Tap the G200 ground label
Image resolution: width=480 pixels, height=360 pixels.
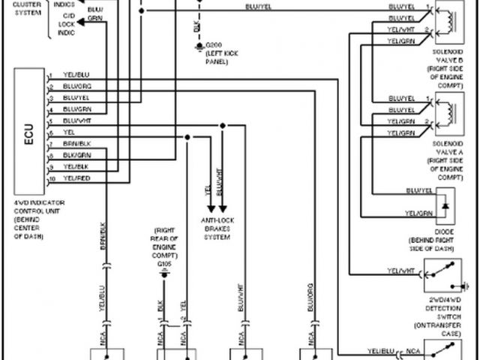pyautogui.click(x=214, y=47)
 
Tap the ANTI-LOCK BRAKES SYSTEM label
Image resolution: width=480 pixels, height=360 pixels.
pyautogui.click(x=217, y=228)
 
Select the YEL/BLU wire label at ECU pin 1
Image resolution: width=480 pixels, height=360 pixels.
pyautogui.click(x=76, y=75)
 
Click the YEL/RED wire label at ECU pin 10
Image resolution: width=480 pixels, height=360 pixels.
pyautogui.click(x=76, y=178)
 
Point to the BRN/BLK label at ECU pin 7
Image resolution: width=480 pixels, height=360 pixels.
pyautogui.click(x=76, y=143)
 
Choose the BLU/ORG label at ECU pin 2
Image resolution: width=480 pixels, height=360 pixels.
pyautogui.click(x=76, y=86)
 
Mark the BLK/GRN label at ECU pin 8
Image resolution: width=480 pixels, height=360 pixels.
pyautogui.click(x=76, y=154)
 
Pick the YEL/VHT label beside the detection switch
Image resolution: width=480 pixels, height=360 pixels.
pyautogui.click(x=401, y=270)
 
